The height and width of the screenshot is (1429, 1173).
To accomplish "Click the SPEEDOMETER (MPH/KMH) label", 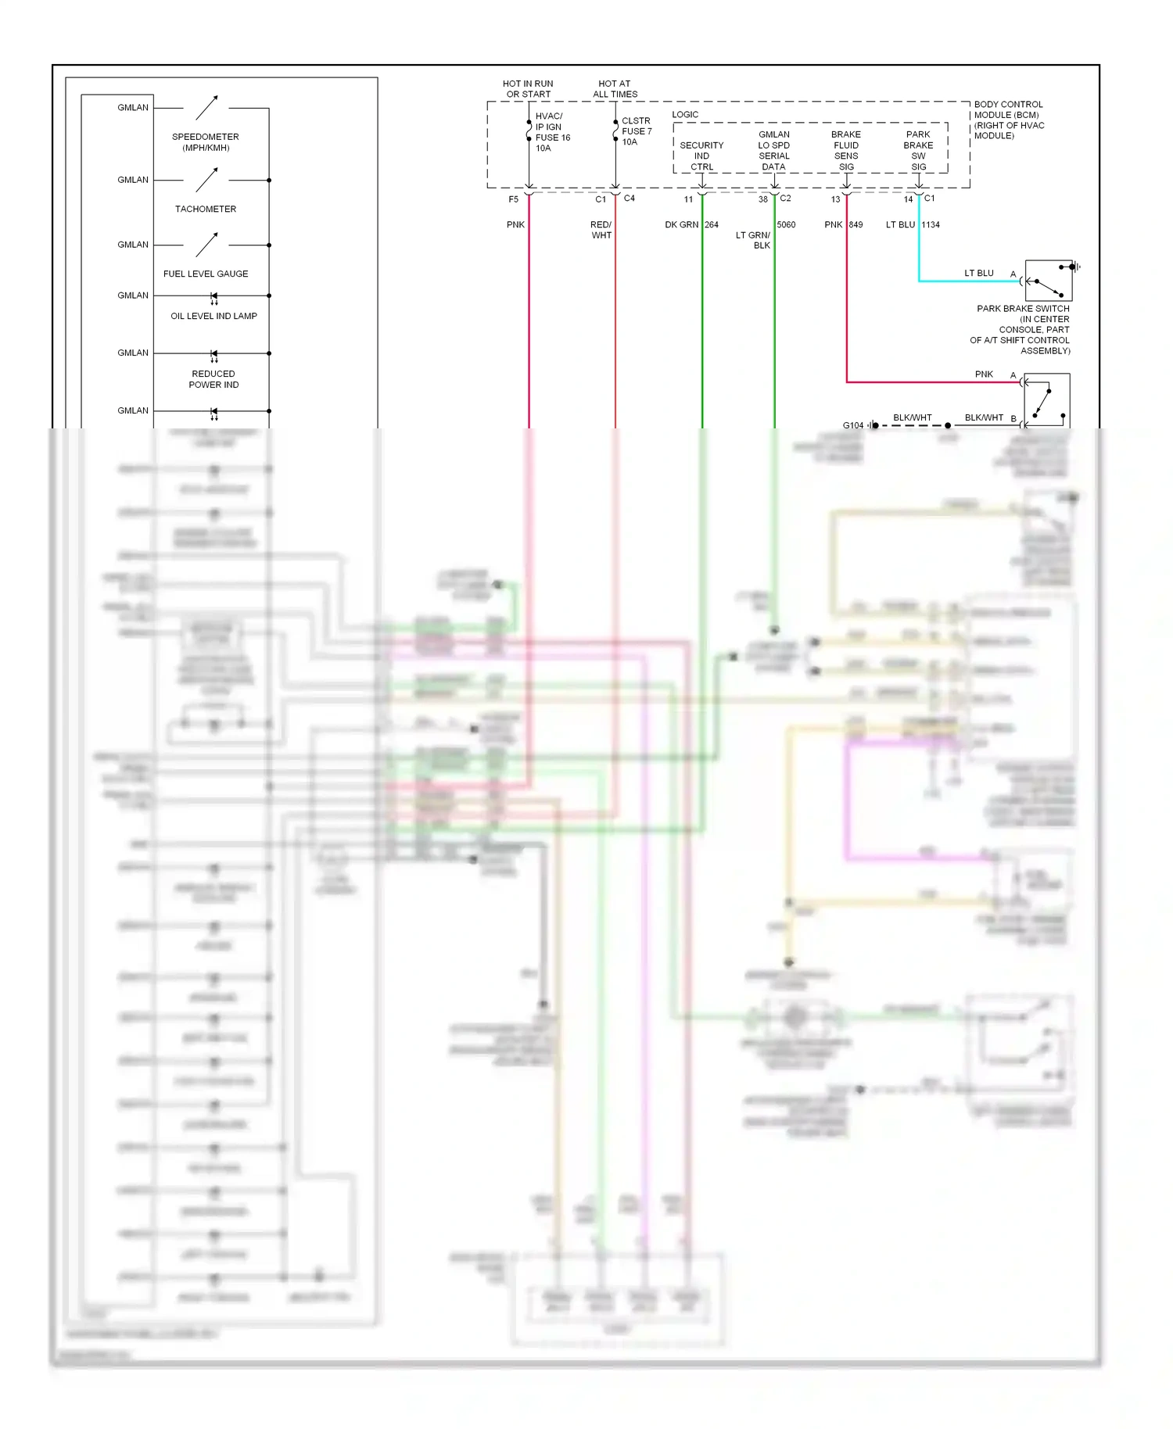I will (x=206, y=142).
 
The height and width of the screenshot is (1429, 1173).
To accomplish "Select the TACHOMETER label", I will (x=206, y=209).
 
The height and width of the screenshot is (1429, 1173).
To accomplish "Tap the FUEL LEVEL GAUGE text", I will (x=206, y=274).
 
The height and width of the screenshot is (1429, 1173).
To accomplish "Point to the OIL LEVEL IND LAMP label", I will (x=213, y=316).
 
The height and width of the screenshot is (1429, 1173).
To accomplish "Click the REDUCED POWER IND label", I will (x=213, y=379).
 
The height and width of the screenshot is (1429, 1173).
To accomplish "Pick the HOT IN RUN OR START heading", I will (x=528, y=89).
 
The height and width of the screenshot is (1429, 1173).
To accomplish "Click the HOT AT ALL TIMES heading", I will (x=615, y=89).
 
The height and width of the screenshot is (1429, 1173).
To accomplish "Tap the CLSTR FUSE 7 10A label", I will (x=636, y=131).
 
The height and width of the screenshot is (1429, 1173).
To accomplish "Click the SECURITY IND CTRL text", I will (x=701, y=156).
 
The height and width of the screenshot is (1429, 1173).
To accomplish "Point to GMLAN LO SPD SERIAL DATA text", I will (x=773, y=151).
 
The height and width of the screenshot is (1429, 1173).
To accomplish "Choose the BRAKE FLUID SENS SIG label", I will (x=846, y=151).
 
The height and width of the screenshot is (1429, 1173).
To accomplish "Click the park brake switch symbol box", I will (x=1048, y=281).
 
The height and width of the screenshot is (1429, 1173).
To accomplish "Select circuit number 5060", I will (x=786, y=225).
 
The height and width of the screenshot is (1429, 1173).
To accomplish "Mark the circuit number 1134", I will (x=931, y=225).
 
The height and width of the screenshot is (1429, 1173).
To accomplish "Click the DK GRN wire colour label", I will (x=681, y=225).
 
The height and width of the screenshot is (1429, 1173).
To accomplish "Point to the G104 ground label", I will (x=852, y=425).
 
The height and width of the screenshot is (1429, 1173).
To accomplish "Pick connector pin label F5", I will (x=513, y=199).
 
